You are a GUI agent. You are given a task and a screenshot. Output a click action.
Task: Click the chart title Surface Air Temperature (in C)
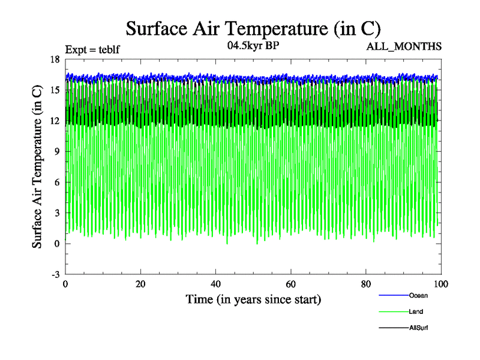(x=253, y=28)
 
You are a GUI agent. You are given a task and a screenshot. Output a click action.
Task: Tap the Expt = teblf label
(x=92, y=49)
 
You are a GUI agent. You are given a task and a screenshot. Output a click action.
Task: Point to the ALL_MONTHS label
(x=404, y=47)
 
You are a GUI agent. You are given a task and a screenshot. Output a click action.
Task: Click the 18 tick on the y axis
(x=55, y=59)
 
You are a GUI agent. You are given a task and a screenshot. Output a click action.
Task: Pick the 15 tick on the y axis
(x=55, y=90)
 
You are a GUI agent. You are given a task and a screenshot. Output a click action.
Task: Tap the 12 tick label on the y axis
(x=55, y=121)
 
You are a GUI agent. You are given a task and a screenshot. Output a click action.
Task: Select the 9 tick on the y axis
(x=56, y=152)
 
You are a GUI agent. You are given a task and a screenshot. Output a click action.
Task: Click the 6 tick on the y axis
(x=56, y=182)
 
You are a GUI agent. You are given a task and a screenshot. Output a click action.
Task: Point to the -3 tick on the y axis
(x=55, y=274)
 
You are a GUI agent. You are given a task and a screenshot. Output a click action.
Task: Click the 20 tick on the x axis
(x=140, y=285)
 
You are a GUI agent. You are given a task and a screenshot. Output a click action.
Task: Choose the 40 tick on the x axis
(x=215, y=285)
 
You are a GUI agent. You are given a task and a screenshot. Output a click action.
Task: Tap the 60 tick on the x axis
(x=291, y=285)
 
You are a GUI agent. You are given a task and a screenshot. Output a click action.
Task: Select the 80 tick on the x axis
(x=366, y=285)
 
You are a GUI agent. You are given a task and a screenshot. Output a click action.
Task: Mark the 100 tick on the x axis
(x=440, y=285)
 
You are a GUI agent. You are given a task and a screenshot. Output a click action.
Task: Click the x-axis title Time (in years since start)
(x=253, y=299)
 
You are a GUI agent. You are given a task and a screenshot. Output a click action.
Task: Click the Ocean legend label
(x=418, y=295)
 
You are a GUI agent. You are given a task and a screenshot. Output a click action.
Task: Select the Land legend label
(x=417, y=311)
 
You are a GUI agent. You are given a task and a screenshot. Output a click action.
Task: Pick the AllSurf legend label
(x=419, y=328)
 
